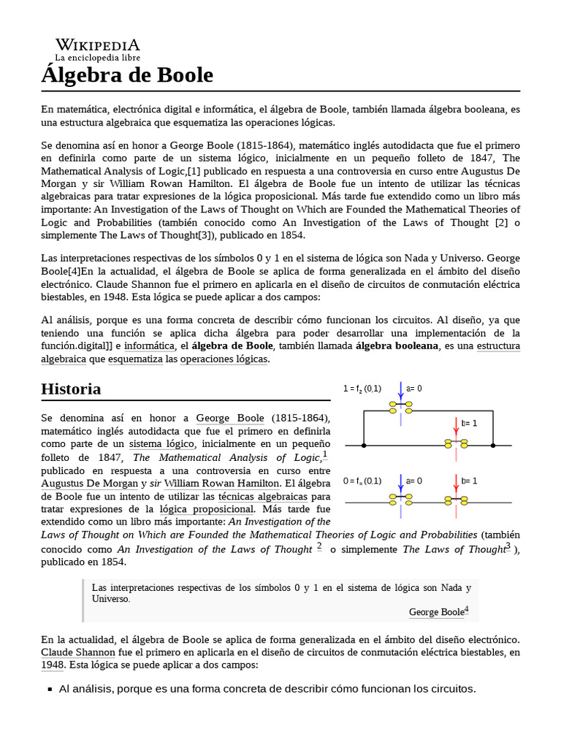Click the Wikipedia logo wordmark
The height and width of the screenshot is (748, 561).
(x=97, y=45)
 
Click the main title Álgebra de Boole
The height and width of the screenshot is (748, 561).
(x=127, y=75)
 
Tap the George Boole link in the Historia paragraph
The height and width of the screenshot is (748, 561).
(x=229, y=418)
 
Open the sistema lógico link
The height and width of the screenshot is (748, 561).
(x=161, y=444)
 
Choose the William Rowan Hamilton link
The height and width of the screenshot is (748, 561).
(x=221, y=484)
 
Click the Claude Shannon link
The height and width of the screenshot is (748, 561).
(x=78, y=652)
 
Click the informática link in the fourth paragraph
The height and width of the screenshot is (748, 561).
(x=149, y=346)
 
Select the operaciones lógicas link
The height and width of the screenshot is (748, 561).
(x=224, y=359)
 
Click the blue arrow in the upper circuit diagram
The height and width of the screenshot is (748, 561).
(x=400, y=389)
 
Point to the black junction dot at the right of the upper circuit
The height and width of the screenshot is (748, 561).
(x=495, y=445)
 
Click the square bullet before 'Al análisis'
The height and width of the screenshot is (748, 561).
(x=49, y=690)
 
